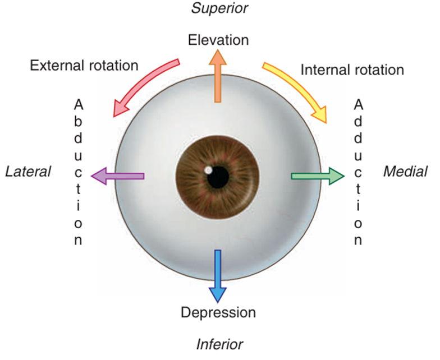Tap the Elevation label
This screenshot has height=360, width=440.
(x=218, y=40)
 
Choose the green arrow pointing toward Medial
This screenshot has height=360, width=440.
(x=318, y=176)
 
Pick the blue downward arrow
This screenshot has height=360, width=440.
(x=218, y=277)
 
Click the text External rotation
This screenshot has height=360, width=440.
(x=84, y=66)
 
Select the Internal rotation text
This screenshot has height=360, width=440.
(x=352, y=70)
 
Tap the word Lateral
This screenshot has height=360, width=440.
(x=28, y=172)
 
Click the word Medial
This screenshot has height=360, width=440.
(x=405, y=172)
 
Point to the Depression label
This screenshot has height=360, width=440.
(x=218, y=312)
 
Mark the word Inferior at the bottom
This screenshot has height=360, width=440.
(x=219, y=344)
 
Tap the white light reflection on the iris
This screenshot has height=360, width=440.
(x=208, y=169)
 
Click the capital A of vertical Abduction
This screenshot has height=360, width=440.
(x=79, y=104)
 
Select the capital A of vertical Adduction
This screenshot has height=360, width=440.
(x=358, y=104)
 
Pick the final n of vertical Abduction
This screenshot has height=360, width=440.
(x=79, y=241)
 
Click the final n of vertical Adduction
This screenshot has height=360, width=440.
(x=358, y=241)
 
